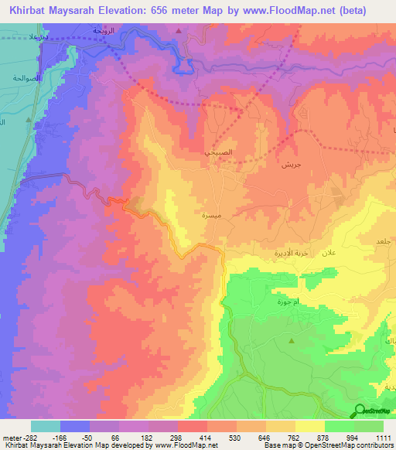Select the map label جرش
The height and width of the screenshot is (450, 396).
click(290, 165)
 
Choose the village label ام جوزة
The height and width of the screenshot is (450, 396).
click(287, 302)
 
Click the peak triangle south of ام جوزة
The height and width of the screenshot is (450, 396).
click(292, 340)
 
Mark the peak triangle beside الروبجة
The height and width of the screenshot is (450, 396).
click(179, 32)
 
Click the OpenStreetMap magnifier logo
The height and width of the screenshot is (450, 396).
click(360, 410)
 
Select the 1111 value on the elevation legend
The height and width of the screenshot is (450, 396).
click(384, 438)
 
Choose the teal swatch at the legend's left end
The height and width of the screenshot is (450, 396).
click(45, 426)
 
